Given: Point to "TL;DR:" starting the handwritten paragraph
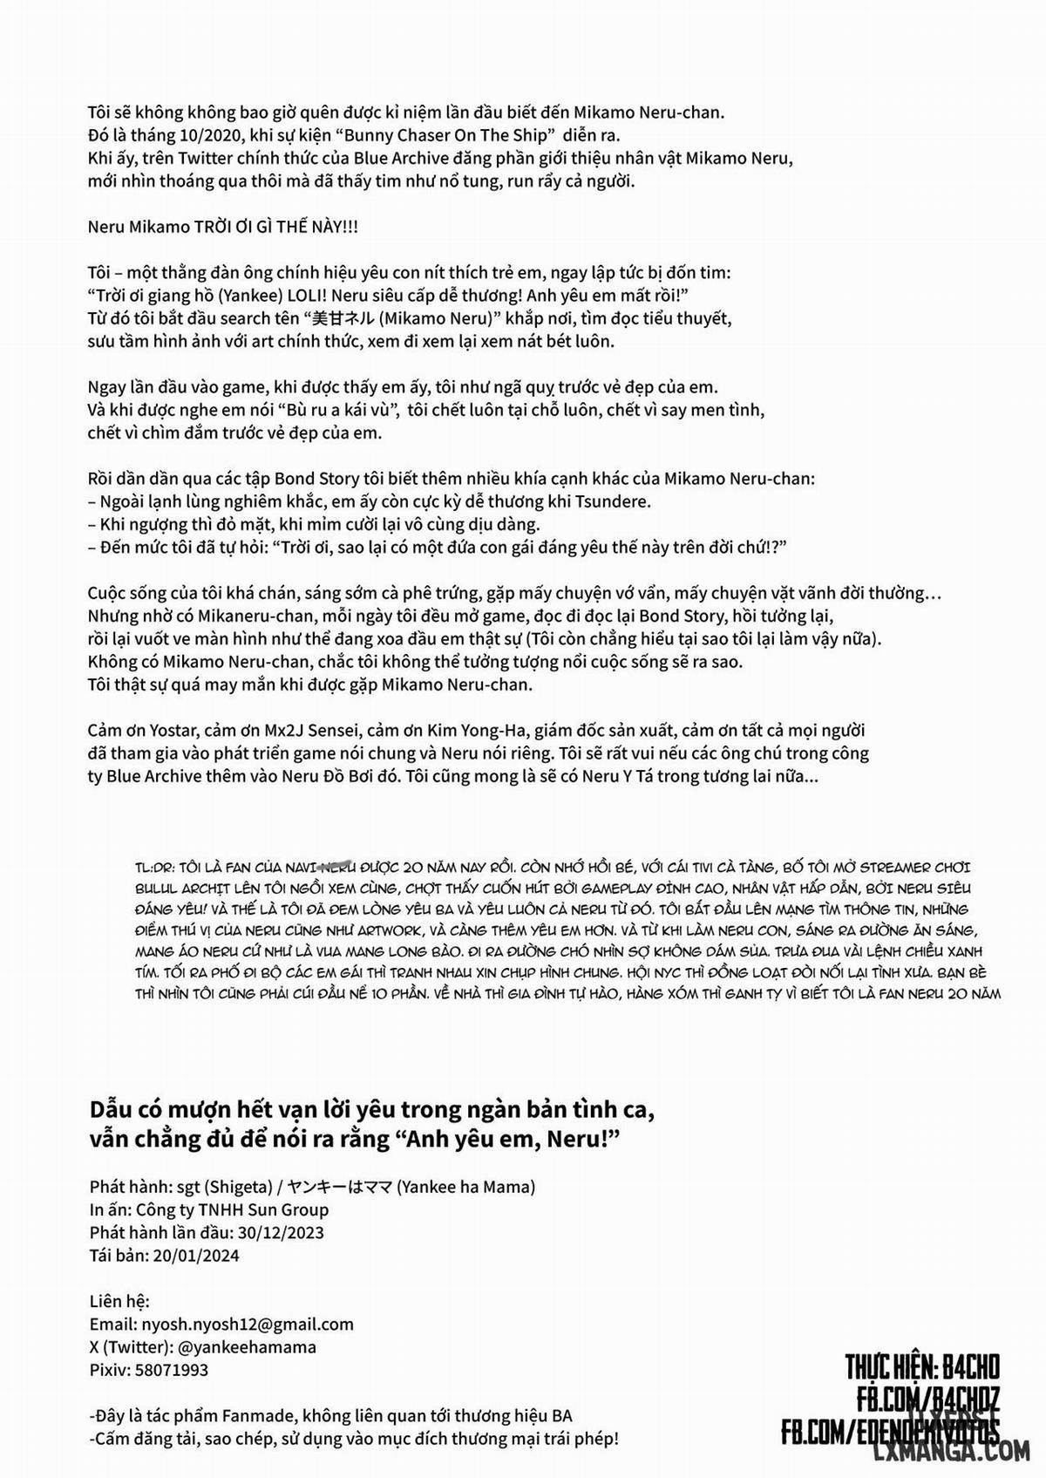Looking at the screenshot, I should (153, 868).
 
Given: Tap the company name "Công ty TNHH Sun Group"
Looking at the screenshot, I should (232, 1209).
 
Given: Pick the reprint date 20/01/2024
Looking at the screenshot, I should (195, 1256).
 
